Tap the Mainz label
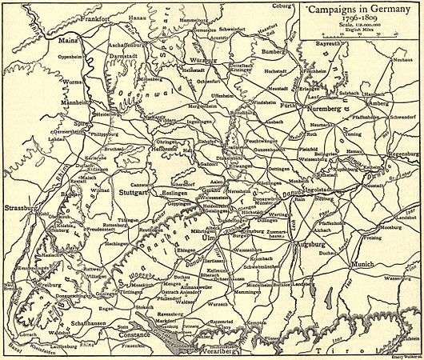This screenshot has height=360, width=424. click(70, 37)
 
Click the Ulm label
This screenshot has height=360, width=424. click(210, 238)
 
